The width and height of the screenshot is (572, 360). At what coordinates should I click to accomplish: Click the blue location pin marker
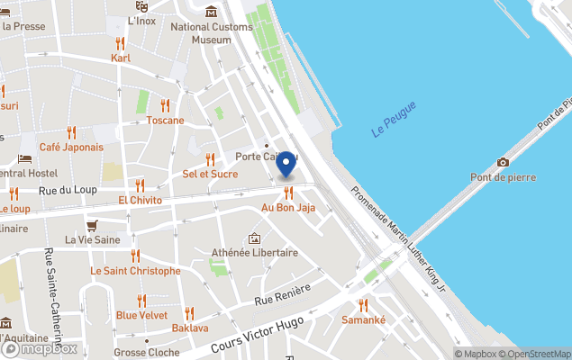tap(286, 164)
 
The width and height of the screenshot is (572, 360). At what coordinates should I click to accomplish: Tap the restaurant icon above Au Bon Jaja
tap(288, 193)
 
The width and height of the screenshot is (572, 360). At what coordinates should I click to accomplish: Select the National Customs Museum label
tap(213, 33)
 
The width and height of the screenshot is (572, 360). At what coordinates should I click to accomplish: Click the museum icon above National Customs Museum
tap(211, 12)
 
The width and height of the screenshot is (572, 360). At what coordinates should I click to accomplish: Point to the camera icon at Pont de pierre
tap(503, 162)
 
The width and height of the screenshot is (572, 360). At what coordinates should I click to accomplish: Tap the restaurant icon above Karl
tap(120, 43)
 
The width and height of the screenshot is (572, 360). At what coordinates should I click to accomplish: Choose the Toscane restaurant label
tap(165, 120)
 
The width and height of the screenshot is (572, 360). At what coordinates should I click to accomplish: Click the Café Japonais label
tap(71, 147)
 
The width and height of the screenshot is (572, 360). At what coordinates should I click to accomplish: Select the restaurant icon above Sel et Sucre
tap(210, 158)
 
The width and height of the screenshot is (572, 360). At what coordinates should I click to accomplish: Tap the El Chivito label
tap(140, 199)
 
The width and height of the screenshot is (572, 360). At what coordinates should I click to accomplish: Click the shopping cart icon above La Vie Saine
tap(92, 225)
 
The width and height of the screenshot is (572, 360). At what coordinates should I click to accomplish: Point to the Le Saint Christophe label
tap(135, 271)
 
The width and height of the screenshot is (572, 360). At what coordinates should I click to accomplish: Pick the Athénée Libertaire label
tap(255, 253)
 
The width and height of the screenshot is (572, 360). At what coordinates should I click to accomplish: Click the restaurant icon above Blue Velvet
tap(141, 301)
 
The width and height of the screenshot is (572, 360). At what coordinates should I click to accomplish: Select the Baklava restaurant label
tap(190, 328)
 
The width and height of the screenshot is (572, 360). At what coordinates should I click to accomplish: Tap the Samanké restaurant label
tap(364, 320)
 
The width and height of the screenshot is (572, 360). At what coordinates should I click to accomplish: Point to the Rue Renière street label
tap(283, 294)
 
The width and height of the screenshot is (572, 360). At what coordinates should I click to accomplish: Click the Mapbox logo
tap(41, 348)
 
